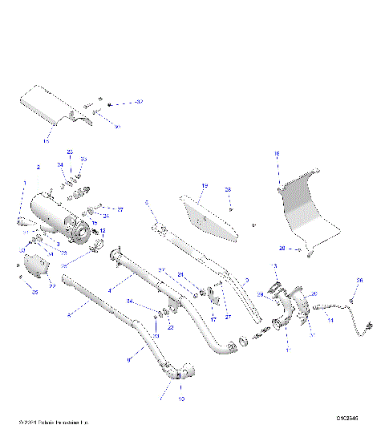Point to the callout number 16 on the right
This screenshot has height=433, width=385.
278,152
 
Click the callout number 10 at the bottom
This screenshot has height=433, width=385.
181,399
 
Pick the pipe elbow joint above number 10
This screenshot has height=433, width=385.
182,372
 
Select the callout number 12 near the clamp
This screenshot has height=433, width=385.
103,230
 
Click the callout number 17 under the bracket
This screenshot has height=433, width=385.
213,319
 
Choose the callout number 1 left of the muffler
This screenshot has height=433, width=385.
25,184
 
